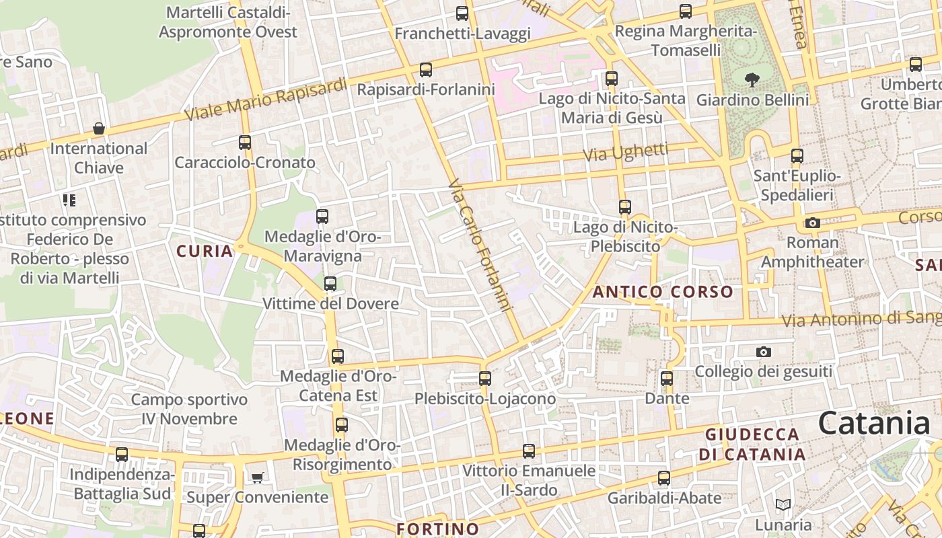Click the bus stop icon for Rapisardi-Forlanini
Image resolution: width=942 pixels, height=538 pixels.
click(x=425, y=69)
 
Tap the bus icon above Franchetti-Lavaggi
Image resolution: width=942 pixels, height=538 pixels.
click(x=462, y=13)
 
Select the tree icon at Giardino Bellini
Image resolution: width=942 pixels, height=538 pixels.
click(x=752, y=81)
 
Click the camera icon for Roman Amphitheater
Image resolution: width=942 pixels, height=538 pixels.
click(x=812, y=223)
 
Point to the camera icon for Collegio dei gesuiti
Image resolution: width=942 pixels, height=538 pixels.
click(x=763, y=352)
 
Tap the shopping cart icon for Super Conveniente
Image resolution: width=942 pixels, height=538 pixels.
click(x=257, y=477)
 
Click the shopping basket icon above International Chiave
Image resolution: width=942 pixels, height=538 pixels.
click(x=99, y=128)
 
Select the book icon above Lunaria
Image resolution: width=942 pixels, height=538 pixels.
click(x=783, y=504)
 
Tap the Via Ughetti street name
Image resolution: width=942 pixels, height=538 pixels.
click(x=625, y=152)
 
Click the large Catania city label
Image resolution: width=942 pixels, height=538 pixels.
click(x=874, y=424)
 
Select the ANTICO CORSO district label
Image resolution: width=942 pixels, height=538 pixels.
click(x=663, y=292)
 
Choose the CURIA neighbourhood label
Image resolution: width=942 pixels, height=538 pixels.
click(x=205, y=252)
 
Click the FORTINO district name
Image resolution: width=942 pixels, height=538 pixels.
click(x=437, y=529)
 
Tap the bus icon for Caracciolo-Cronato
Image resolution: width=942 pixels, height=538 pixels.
click(x=245, y=143)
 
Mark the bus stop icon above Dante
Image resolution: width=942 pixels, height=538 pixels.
click(x=667, y=379)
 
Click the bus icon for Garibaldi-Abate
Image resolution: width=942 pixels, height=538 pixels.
click(x=664, y=478)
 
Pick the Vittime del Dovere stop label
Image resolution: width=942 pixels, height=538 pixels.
click(x=330, y=304)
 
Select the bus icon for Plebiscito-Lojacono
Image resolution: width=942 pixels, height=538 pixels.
click(x=485, y=379)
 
